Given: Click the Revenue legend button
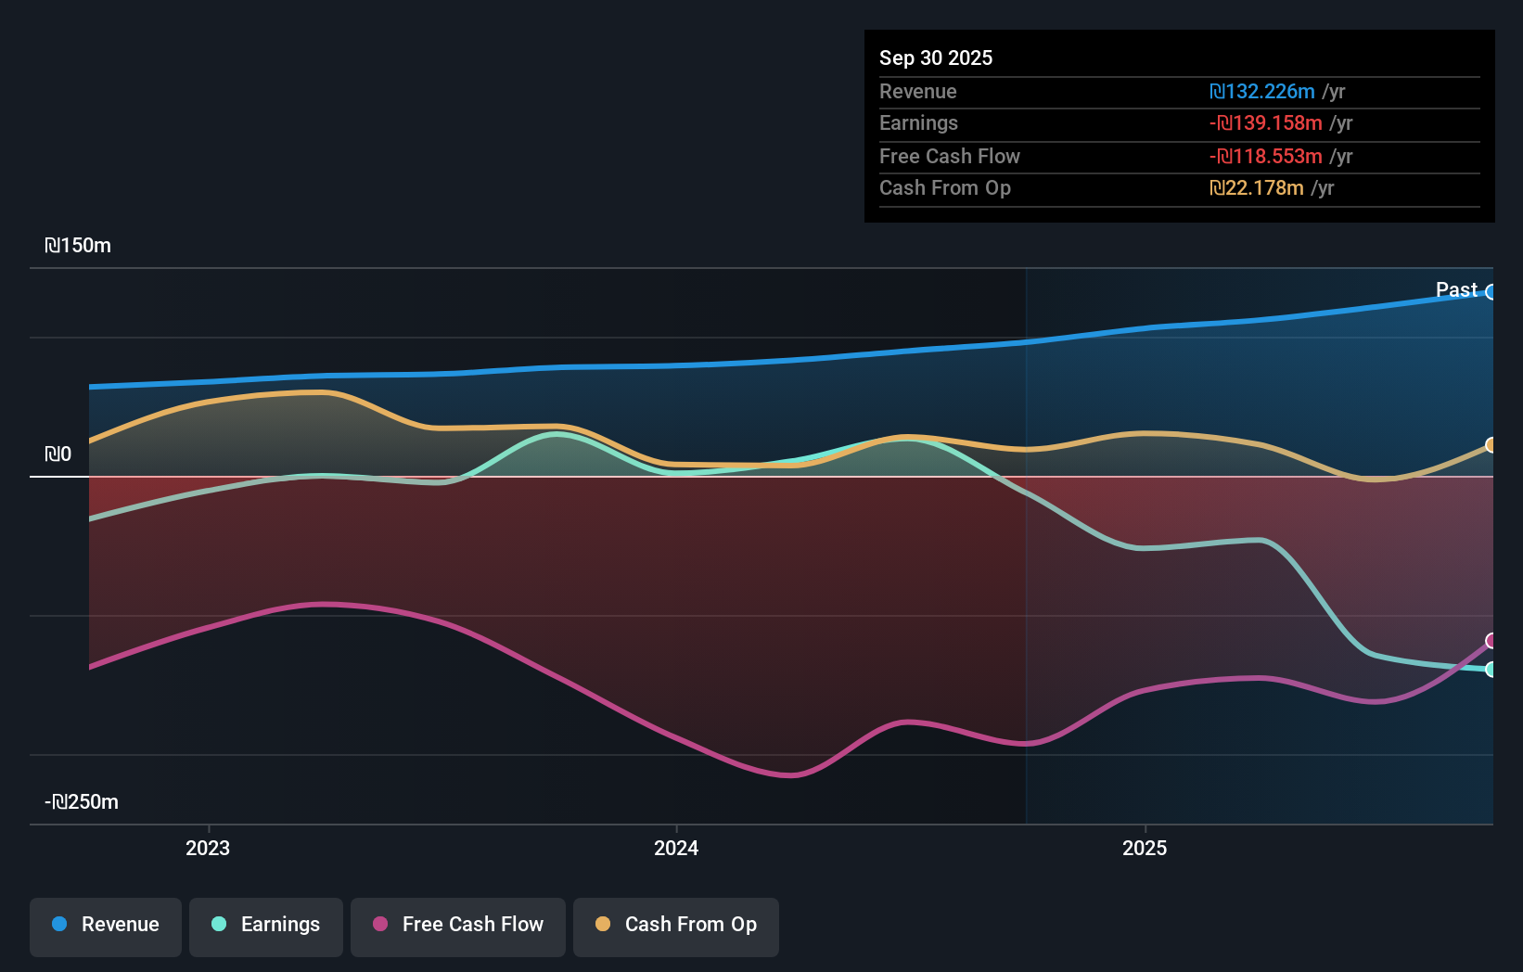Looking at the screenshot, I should (106, 926).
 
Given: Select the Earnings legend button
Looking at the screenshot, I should (266, 926).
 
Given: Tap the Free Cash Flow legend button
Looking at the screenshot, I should (458, 926).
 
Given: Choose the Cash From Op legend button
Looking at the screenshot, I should (676, 926).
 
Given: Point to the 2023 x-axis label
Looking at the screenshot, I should (208, 849).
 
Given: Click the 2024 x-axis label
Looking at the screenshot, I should (676, 849).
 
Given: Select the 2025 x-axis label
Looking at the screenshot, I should (1145, 849).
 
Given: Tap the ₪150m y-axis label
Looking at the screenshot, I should (78, 246).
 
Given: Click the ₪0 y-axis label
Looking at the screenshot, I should (58, 454).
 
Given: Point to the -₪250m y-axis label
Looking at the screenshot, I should (82, 802).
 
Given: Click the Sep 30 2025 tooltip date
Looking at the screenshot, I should (936, 58).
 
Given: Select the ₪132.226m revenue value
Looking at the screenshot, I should (1262, 92).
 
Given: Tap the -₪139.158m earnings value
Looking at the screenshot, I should (1266, 123).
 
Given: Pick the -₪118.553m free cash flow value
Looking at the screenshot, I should (1266, 157).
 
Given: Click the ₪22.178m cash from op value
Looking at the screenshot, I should (1257, 188).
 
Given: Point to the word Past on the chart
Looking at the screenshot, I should (1456, 290).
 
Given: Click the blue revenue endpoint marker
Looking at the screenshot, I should (1491, 292).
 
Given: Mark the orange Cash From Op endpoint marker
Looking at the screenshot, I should (1491, 445).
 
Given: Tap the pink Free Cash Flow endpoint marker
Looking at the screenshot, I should (1491, 641).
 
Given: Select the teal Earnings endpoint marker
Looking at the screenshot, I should (1491, 670).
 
